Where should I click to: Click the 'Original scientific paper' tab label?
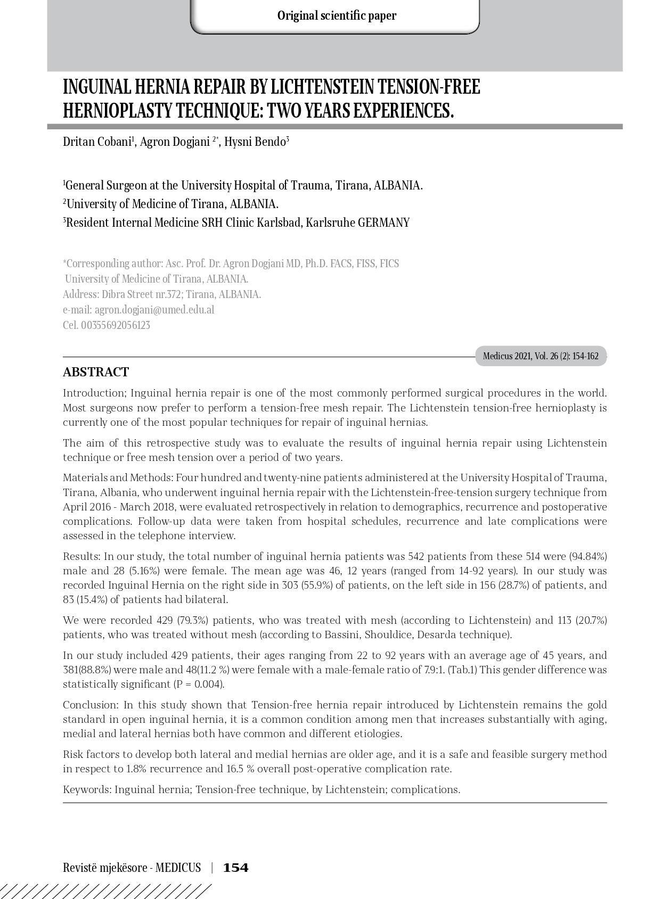[337, 16]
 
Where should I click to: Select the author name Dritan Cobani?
[96, 142]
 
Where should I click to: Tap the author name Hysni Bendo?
[255, 142]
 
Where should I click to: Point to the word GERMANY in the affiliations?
[383, 222]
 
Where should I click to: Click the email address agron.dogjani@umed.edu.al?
[154, 310]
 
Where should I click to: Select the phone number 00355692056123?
[116, 325]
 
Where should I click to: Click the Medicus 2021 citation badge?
[541, 356]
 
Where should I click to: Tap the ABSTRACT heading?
[96, 372]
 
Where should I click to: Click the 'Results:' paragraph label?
[81, 557]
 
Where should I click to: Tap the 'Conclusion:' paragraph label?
[91, 705]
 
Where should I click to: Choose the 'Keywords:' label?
[87, 790]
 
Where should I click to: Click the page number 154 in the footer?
[235, 868]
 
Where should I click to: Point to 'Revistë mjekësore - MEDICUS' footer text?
[132, 868]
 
